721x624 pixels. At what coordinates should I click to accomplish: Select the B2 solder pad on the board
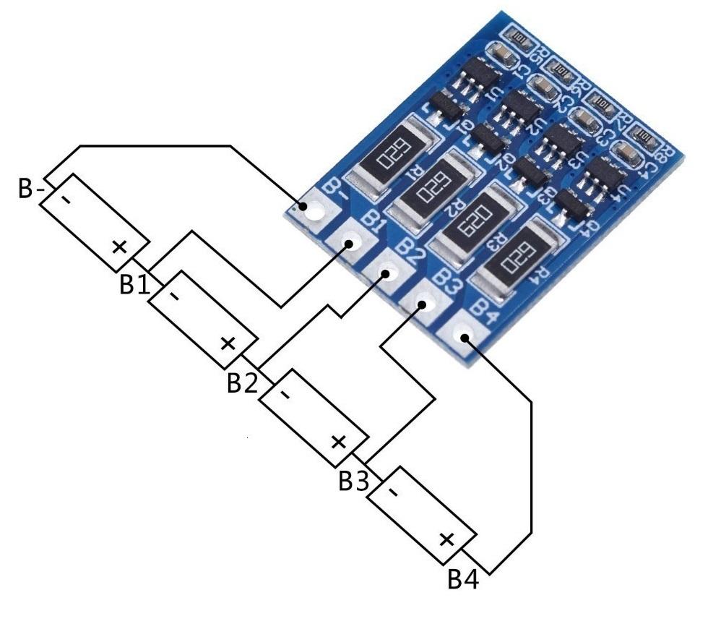tap(387, 274)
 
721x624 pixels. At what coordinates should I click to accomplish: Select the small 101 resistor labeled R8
tap(644, 136)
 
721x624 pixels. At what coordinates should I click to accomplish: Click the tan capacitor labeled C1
tap(500, 54)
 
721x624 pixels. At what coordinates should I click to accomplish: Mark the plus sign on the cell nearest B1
tap(119, 247)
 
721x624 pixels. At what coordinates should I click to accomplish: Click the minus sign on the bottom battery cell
tap(393, 492)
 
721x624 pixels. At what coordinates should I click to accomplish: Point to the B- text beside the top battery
tap(31, 189)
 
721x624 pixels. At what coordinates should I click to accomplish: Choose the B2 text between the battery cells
tap(242, 382)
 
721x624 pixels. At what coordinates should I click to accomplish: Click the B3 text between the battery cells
tap(353, 481)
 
